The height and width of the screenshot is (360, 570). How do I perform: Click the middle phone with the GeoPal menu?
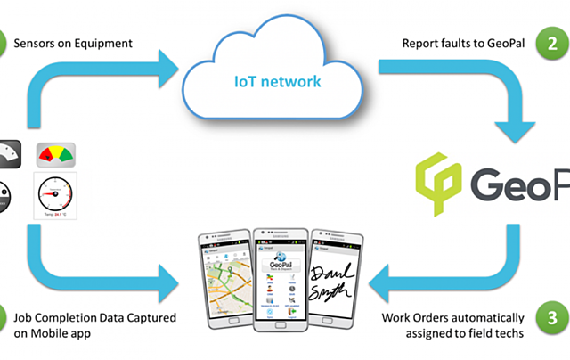click(x=282, y=277)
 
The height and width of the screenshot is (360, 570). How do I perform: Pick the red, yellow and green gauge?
click(x=54, y=158)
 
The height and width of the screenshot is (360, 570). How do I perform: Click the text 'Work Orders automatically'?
click(x=454, y=318)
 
